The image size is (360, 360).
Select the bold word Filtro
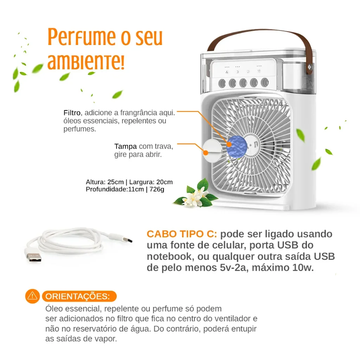coord(72,113)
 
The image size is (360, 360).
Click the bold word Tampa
coord(126,146)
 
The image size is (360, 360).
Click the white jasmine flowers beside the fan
coord(195,196)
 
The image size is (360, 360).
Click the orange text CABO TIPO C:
coord(182,234)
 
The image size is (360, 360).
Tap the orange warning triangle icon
coord(32,296)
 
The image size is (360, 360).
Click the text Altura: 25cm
coord(105,182)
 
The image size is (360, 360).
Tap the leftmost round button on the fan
coord(222,83)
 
